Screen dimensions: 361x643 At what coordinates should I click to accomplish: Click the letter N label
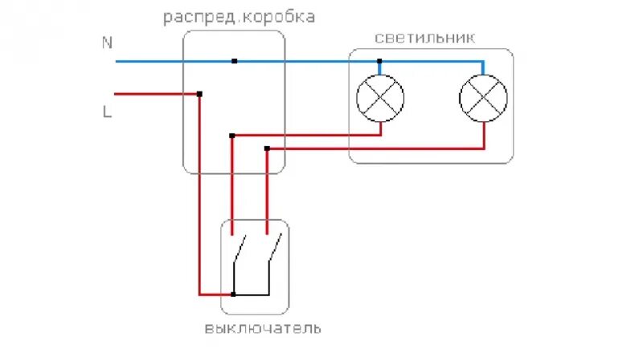click(x=107, y=43)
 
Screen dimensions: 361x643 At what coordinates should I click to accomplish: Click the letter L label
click(x=107, y=112)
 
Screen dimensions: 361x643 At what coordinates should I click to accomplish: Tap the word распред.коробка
click(x=239, y=17)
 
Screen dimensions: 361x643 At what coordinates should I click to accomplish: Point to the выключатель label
click(x=263, y=328)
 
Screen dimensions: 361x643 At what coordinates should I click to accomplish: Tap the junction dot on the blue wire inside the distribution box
click(x=234, y=61)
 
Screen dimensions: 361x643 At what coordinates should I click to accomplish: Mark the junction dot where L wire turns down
click(x=199, y=94)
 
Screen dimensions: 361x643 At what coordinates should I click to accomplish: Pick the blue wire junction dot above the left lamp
click(x=380, y=61)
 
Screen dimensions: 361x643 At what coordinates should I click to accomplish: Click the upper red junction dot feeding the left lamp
click(x=232, y=136)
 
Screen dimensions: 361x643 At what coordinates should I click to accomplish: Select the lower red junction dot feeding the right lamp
click(x=267, y=148)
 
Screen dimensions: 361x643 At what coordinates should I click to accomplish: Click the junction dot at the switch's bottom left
click(x=233, y=294)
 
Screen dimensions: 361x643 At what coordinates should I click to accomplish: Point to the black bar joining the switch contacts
click(x=251, y=294)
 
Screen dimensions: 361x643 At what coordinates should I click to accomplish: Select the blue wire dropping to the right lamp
click(x=483, y=69)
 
